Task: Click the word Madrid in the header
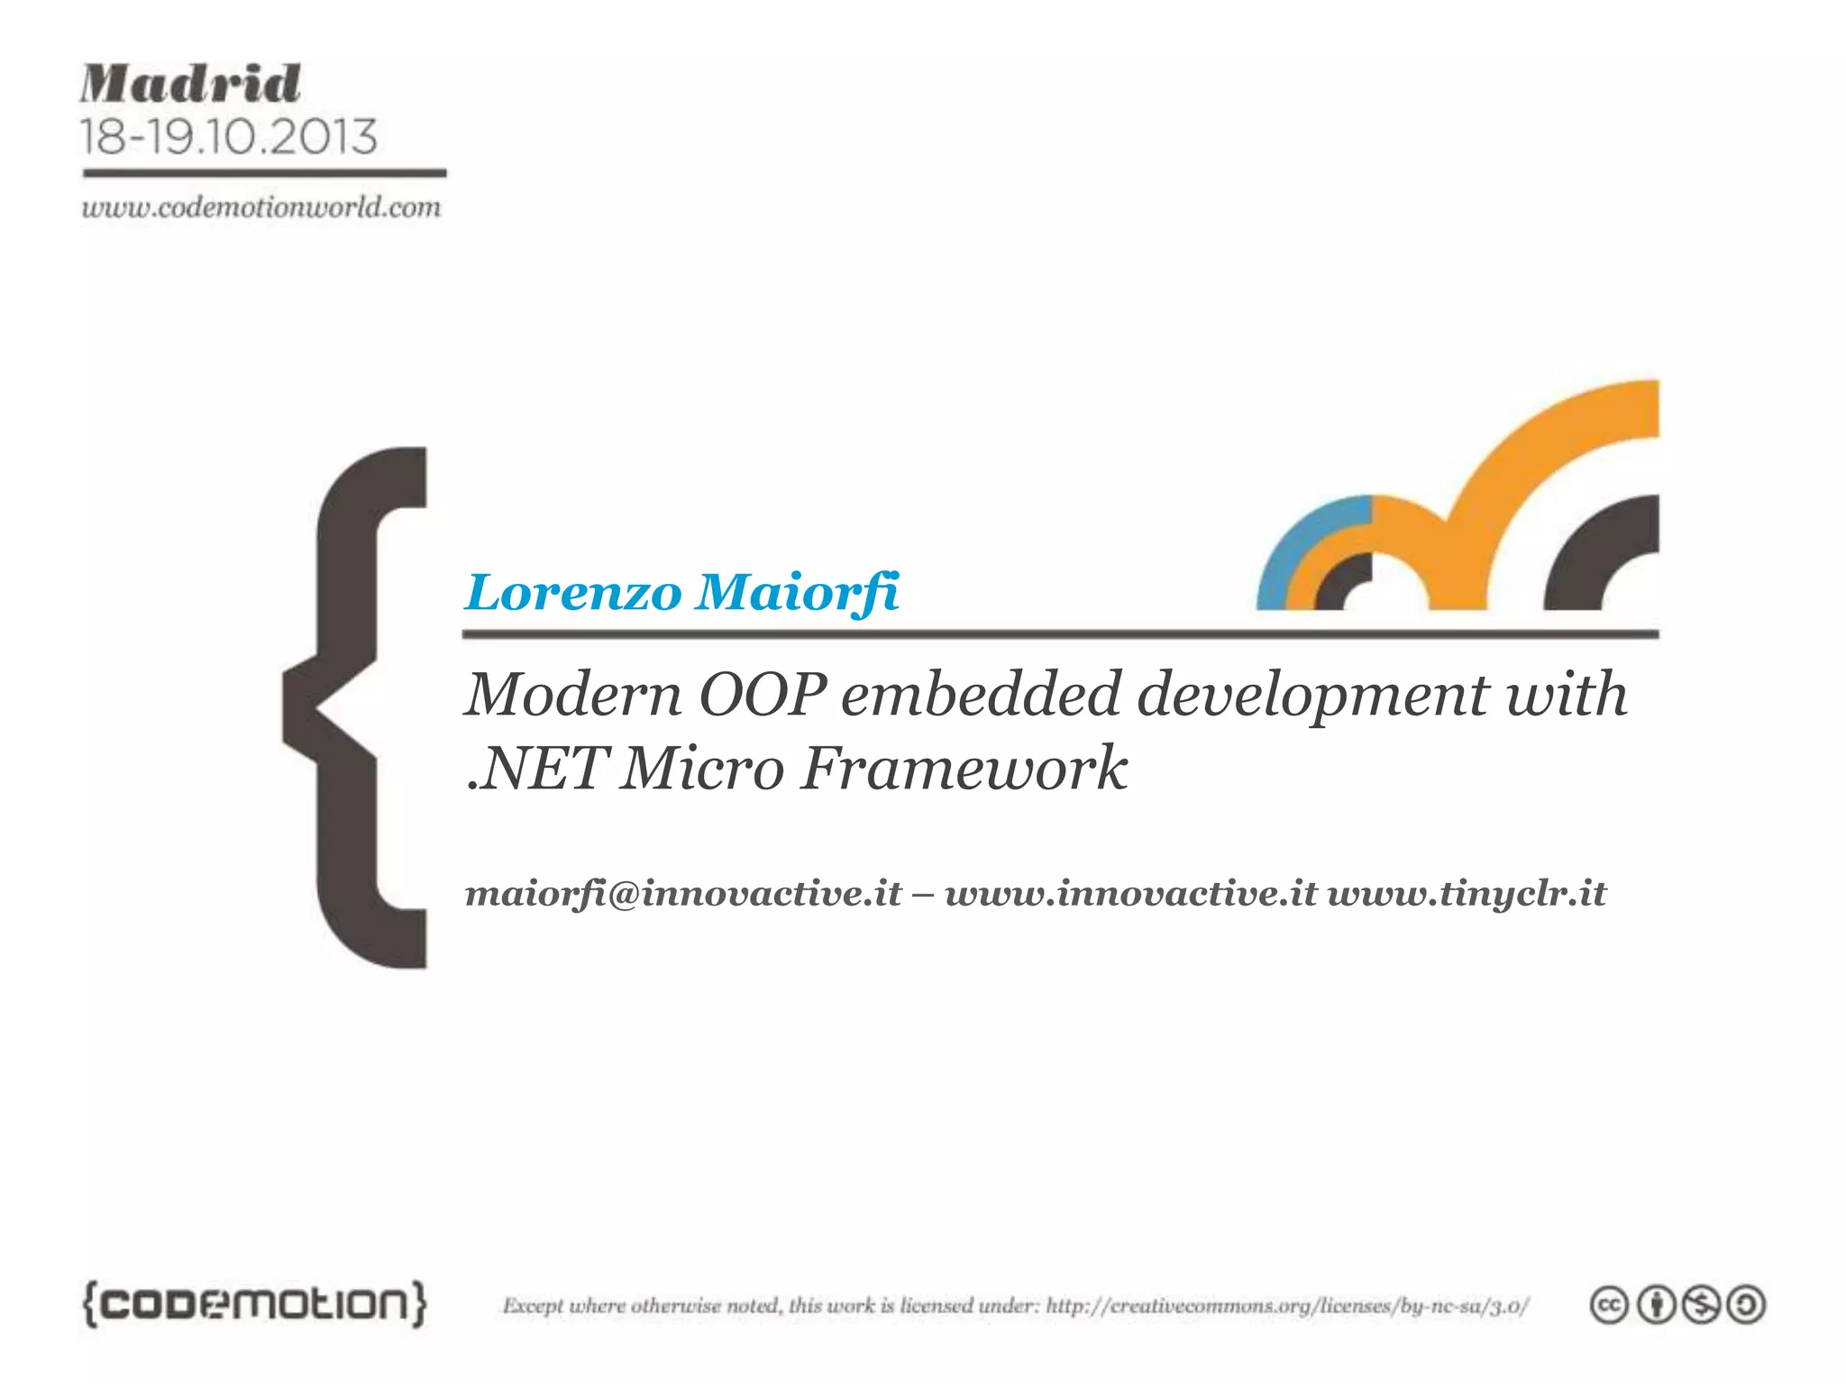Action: (x=190, y=85)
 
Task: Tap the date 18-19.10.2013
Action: (x=228, y=137)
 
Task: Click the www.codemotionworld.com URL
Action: (x=261, y=208)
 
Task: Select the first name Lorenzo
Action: (x=573, y=593)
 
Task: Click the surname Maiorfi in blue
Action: (x=798, y=593)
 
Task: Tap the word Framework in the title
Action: (x=964, y=769)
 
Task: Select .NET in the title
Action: (x=535, y=769)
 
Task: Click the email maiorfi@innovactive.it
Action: (x=683, y=893)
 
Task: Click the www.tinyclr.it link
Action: (x=1467, y=893)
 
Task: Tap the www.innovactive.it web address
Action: (x=1130, y=893)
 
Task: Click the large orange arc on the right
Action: (x=1532, y=451)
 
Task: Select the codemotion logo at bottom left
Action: (x=255, y=1304)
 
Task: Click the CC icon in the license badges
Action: (x=1609, y=1306)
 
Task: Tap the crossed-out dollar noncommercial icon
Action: (x=1701, y=1306)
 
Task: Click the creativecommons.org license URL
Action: (x=1287, y=1306)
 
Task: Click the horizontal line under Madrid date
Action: (x=264, y=172)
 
